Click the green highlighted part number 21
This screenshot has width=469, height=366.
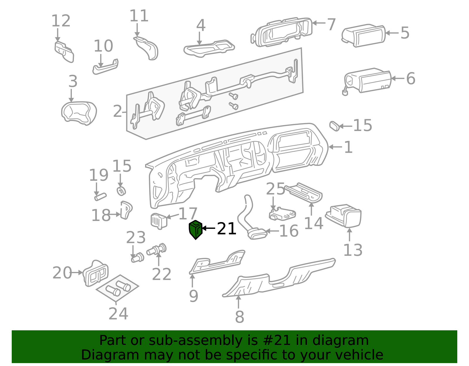[196, 230]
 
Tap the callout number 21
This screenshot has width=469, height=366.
[226, 229]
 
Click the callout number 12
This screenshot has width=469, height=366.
[61, 21]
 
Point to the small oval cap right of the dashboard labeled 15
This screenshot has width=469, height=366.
[334, 126]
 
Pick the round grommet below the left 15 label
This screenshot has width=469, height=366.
[121, 191]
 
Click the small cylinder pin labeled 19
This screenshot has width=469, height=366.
[100, 197]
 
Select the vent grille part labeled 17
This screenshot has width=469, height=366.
[159, 221]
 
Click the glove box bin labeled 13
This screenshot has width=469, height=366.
[343, 216]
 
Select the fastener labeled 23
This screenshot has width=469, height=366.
[137, 258]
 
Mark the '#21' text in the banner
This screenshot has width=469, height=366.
[278, 341]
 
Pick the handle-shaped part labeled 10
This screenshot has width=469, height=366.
[105, 67]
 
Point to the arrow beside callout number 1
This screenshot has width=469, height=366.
[335, 147]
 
